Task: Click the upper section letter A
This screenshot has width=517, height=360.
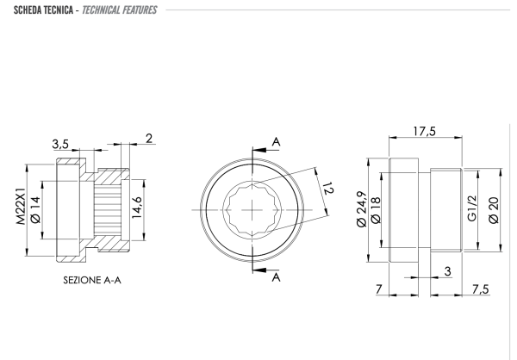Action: (276, 141)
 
